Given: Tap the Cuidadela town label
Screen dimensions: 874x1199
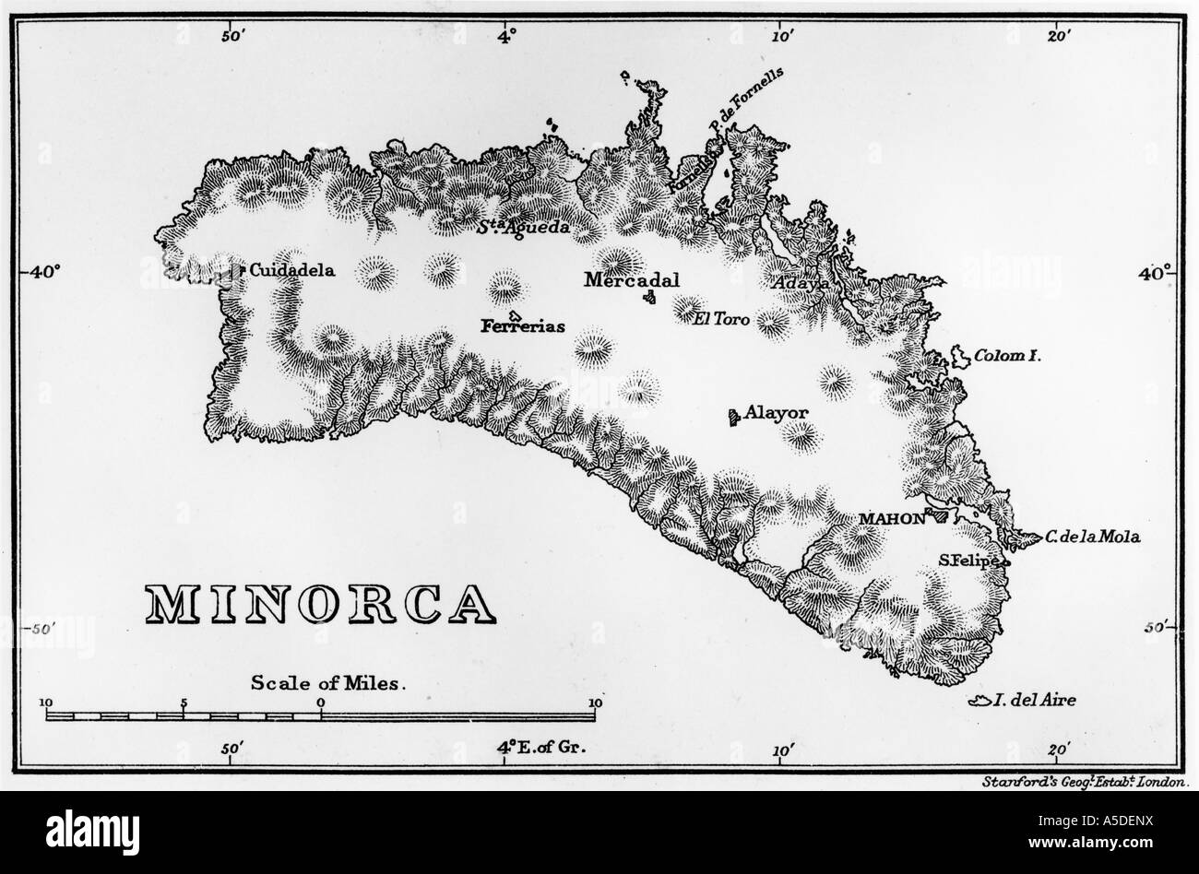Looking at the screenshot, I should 292,271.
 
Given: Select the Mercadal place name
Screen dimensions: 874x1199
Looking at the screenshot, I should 631,281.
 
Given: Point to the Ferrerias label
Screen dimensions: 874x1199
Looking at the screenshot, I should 522,325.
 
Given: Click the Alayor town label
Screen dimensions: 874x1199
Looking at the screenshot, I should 776,413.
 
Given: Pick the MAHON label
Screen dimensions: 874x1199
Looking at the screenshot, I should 891,518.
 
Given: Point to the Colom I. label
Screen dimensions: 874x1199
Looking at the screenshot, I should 1007,354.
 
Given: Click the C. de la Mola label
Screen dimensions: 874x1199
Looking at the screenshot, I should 1093,536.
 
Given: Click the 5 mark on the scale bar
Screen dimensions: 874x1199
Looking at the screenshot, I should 184,703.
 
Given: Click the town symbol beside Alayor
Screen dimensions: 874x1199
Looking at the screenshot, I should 735,417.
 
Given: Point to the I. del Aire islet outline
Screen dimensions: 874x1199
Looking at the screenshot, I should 977,702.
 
